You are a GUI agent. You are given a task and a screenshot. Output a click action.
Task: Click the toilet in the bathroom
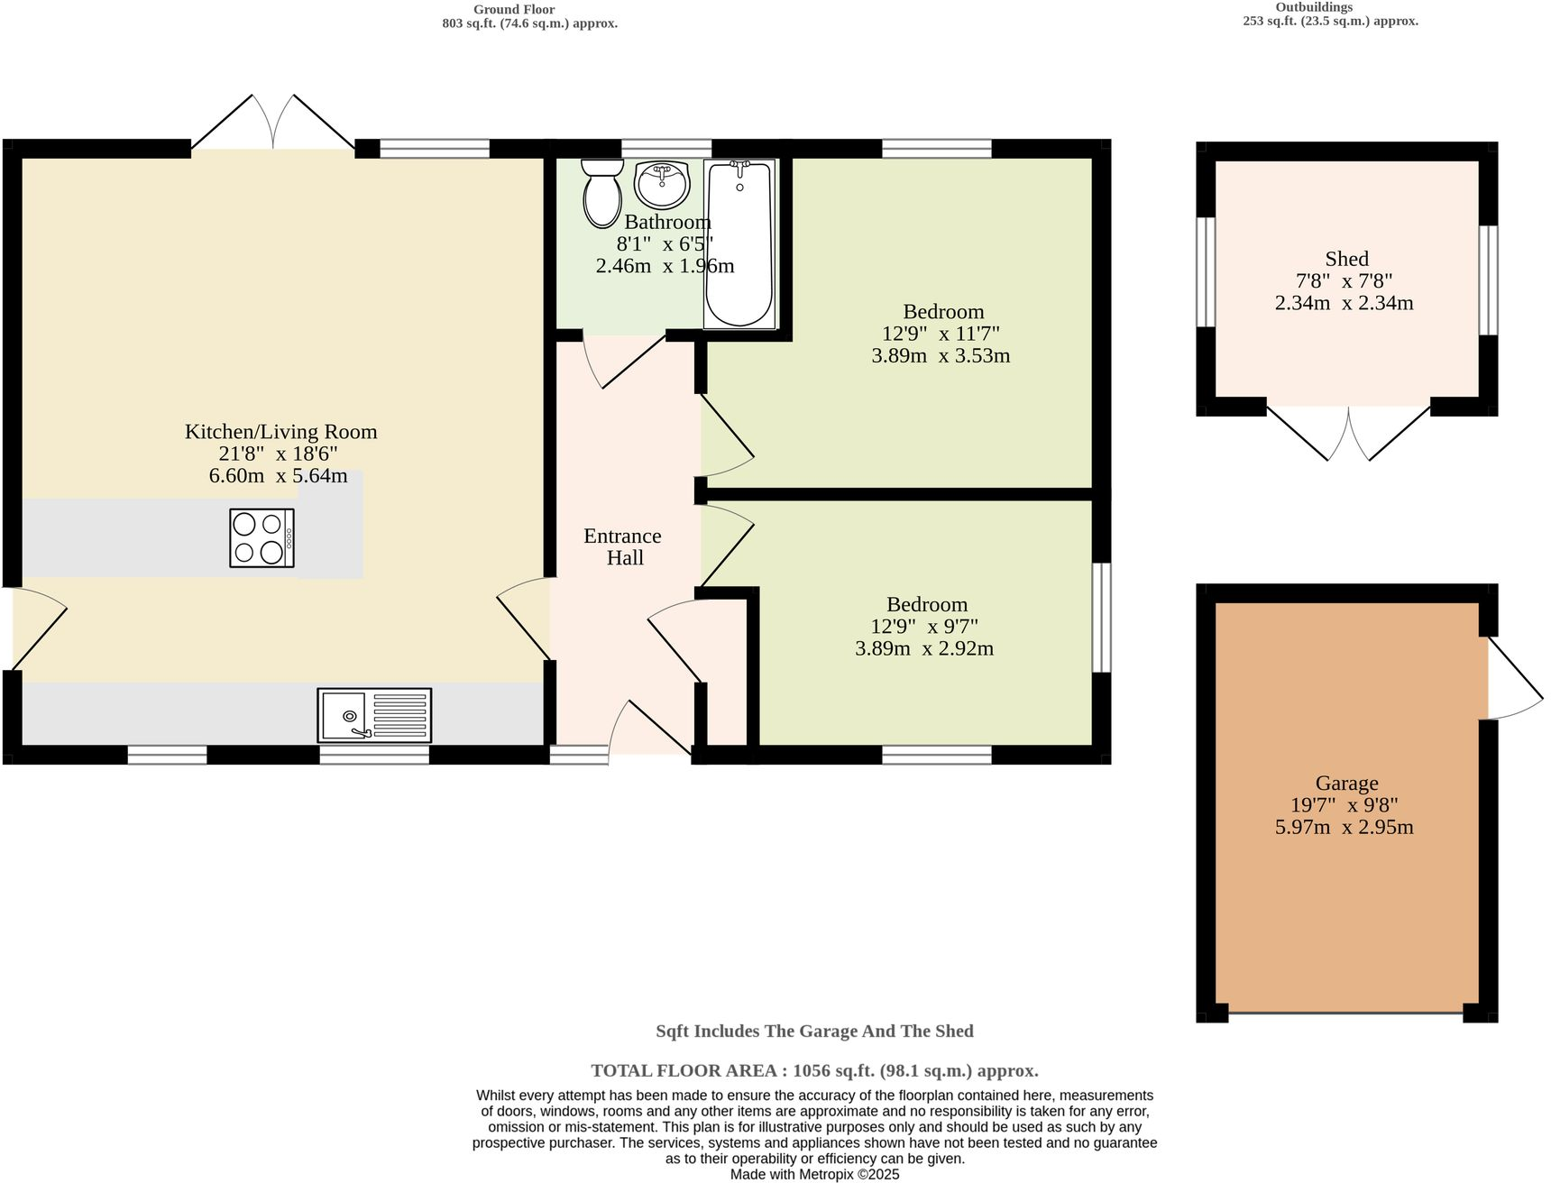click(x=601, y=194)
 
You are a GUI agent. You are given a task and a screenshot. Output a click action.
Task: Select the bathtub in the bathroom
click(x=739, y=243)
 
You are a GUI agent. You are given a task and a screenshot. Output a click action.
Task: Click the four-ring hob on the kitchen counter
click(x=262, y=538)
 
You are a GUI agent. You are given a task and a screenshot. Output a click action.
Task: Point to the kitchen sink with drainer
click(x=374, y=715)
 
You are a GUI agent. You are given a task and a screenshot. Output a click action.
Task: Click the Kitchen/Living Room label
click(x=280, y=432)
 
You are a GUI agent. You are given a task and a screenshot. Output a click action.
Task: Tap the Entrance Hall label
click(x=623, y=546)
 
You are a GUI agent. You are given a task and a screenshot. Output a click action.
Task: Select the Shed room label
click(x=1346, y=259)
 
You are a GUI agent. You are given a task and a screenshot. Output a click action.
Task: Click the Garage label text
click(x=1346, y=784)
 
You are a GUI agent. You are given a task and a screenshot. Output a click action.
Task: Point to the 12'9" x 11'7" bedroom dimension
click(x=941, y=334)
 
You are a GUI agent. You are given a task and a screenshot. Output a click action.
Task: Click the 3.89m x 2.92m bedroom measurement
click(x=924, y=648)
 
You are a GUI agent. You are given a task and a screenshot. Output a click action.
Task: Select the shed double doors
click(x=1349, y=433)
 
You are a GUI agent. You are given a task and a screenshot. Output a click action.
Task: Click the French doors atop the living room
click(x=272, y=122)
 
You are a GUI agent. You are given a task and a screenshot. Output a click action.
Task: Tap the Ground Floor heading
click(x=514, y=9)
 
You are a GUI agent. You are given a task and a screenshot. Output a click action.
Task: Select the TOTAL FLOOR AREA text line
click(x=814, y=1071)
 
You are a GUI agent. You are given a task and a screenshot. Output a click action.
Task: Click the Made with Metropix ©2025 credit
click(x=814, y=1175)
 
